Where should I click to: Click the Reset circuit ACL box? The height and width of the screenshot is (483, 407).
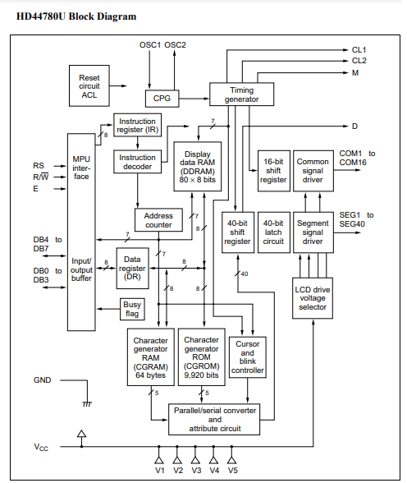tap(89, 85)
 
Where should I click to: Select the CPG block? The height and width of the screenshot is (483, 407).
tap(162, 99)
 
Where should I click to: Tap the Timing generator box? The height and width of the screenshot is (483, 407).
tap(241, 94)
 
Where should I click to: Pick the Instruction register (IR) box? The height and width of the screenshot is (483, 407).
tap(137, 125)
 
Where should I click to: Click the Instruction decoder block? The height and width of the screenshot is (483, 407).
tap(137, 162)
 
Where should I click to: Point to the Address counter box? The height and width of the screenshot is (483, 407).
tap(158, 220)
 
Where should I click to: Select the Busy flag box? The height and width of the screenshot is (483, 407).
tap(132, 309)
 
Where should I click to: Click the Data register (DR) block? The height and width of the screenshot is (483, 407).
tap(132, 268)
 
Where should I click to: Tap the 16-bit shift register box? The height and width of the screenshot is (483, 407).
tap(273, 171)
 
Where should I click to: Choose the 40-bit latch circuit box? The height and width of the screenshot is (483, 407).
tap(273, 232)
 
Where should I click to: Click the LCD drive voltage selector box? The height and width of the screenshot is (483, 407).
tap(313, 298)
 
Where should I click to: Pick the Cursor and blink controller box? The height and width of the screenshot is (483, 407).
tap(247, 357)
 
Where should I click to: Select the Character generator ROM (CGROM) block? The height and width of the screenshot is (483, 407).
tap(202, 357)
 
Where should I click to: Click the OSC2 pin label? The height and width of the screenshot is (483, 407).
tap(175, 45)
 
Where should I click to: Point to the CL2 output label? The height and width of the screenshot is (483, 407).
tap(359, 61)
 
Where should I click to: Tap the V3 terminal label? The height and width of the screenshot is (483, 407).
tap(196, 471)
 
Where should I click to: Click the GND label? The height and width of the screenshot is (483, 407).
tap(42, 380)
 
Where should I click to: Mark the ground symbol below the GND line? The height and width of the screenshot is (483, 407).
tap(87, 404)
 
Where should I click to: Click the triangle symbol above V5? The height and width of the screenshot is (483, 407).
tap(231, 460)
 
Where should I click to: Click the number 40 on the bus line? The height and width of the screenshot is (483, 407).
tap(245, 274)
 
